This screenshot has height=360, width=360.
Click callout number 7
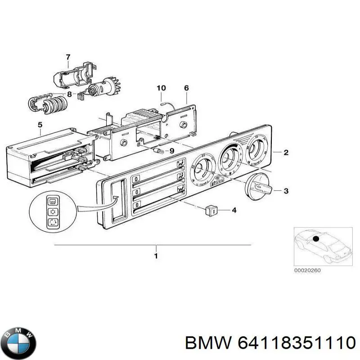point(68,57)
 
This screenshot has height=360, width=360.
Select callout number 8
point(69,94)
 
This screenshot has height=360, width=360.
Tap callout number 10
point(161,88)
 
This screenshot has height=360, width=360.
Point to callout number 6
point(186,88)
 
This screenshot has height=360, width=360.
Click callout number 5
point(40,124)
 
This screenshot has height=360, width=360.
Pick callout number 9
point(171,151)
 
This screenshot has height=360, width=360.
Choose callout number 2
point(286,153)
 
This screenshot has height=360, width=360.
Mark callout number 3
point(286,191)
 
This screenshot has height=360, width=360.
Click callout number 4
point(234,210)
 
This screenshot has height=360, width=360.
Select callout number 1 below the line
point(156,256)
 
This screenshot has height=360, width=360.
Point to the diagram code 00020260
point(307,270)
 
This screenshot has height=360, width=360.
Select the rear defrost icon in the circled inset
point(52,200)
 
